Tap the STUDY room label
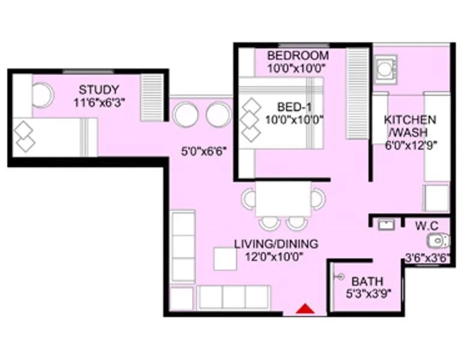(x=99, y=90)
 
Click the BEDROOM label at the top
(x=290, y=56)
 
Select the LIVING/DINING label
(x=276, y=244)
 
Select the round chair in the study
(x=42, y=94)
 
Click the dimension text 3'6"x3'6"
(x=427, y=259)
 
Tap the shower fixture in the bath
(x=340, y=277)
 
